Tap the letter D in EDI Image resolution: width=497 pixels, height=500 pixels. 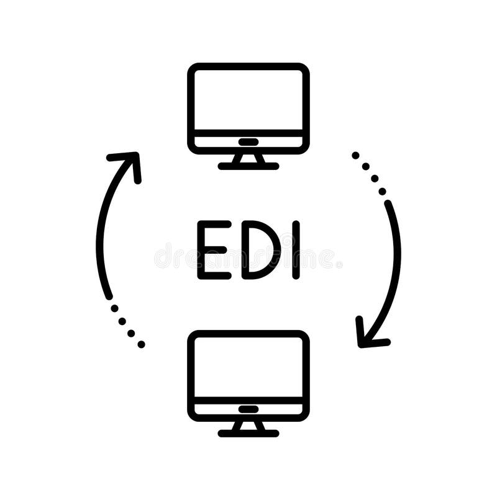pos(255,249)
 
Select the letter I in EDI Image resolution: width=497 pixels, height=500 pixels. pos(296,249)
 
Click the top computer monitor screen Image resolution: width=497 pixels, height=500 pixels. pos(248,99)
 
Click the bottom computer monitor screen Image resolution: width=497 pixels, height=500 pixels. pos(248,367)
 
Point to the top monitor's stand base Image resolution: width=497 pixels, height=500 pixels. pos(248,166)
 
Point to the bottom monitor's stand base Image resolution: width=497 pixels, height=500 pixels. pos(248,433)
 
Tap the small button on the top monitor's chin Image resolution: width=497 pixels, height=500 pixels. pos(248,141)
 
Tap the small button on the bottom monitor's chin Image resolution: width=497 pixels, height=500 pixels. pos(248,409)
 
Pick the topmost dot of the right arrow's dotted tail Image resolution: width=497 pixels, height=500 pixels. pos(355,155)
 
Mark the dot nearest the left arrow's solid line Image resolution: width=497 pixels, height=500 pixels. pos(114,308)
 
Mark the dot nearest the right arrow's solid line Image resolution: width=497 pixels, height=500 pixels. pos(383,191)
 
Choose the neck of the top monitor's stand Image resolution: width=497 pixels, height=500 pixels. pos(248,159)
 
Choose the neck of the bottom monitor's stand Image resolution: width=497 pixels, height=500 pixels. pos(248,426)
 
